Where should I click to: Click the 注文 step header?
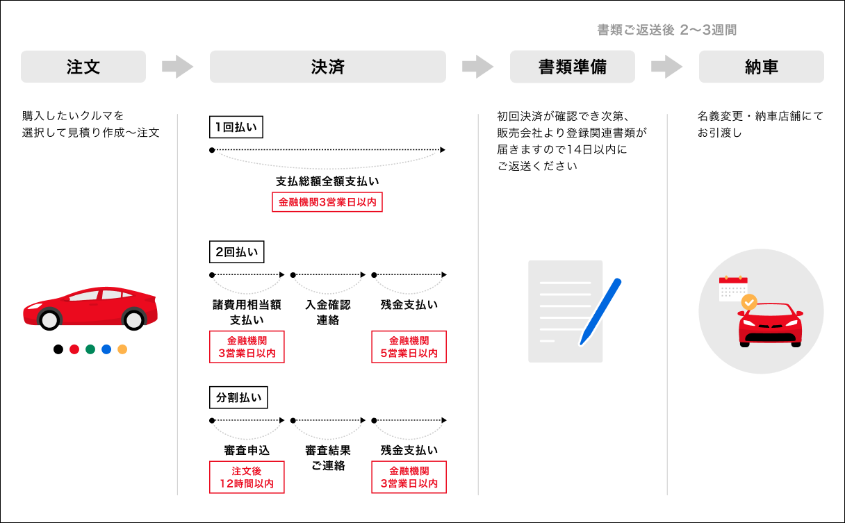pyautogui.click(x=83, y=67)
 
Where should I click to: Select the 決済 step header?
pyautogui.click(x=327, y=67)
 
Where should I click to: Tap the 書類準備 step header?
pyautogui.click(x=572, y=67)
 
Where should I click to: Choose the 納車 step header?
pyautogui.click(x=761, y=67)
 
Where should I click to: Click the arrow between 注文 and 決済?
pyautogui.click(x=178, y=67)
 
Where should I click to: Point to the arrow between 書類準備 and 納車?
pyautogui.click(x=667, y=67)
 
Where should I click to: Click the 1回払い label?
pyautogui.click(x=236, y=127)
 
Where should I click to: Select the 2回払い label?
pyautogui.click(x=236, y=252)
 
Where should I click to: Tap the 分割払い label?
pyautogui.click(x=238, y=397)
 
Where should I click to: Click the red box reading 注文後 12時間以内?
pyautogui.click(x=247, y=477)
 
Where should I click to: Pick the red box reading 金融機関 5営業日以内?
pyautogui.click(x=409, y=347)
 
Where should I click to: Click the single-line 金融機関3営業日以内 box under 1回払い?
pyautogui.click(x=327, y=202)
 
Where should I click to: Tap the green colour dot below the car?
pyautogui.click(x=90, y=349)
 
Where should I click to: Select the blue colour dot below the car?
pyautogui.click(x=106, y=349)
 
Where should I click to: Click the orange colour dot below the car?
pyautogui.click(x=122, y=349)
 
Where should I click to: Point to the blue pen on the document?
pyautogui.click(x=601, y=310)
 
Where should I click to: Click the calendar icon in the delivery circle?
pyautogui.click(x=732, y=288)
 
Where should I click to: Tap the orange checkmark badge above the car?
pyautogui.click(x=749, y=302)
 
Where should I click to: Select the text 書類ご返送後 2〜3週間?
pyautogui.click(x=666, y=30)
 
